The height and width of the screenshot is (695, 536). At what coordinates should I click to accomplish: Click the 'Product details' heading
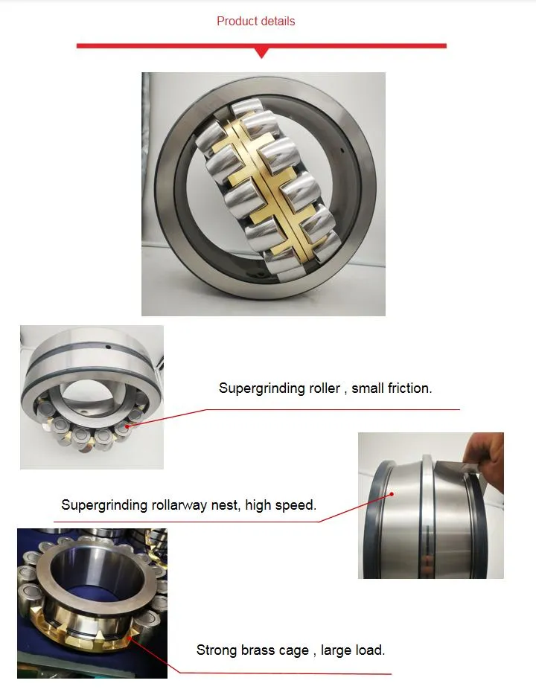point(255,21)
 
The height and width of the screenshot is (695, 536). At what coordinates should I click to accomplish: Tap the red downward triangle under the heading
point(261,52)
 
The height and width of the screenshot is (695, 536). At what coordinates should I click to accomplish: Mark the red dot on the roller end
point(127,426)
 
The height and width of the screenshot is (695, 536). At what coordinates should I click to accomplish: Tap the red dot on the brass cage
point(131,633)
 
